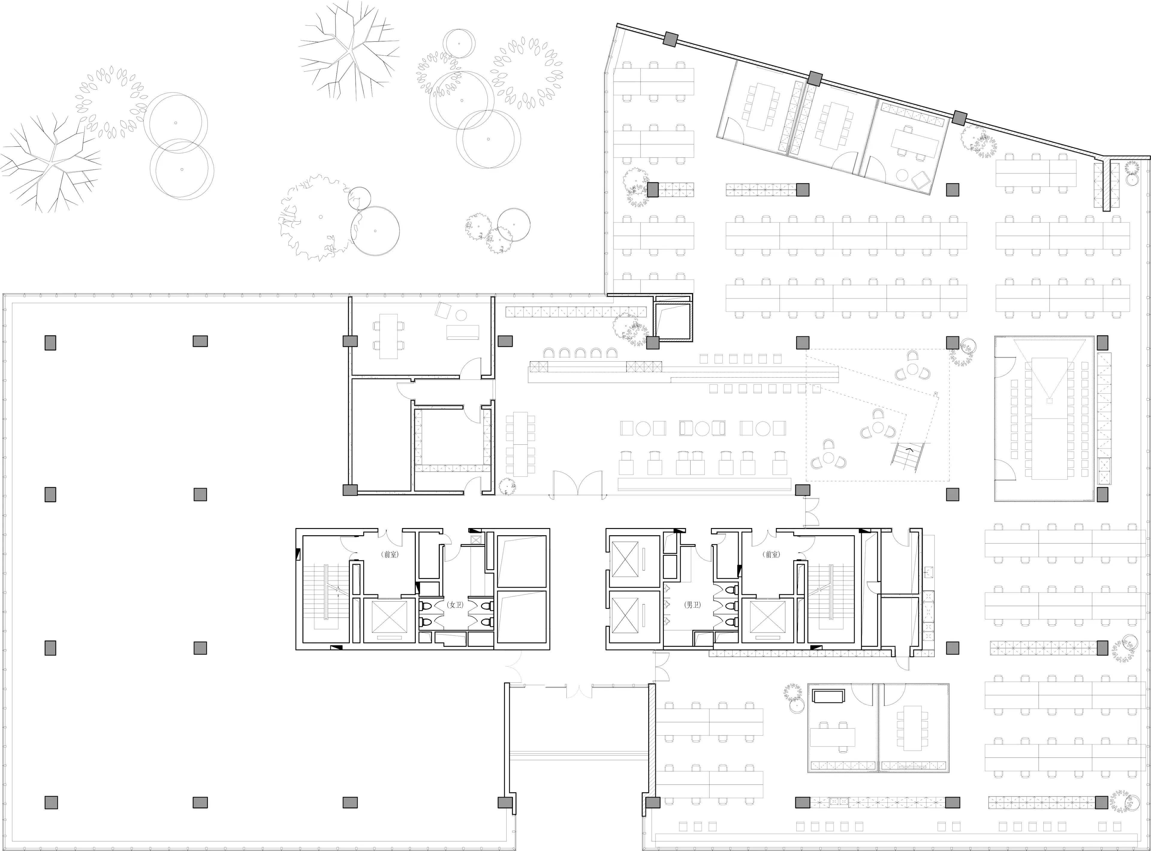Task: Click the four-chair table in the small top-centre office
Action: (388, 336)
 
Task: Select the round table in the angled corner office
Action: (901, 175)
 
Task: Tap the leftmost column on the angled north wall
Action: (670, 39)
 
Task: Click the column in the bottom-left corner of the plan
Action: (50, 802)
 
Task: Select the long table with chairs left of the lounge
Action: (520, 444)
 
